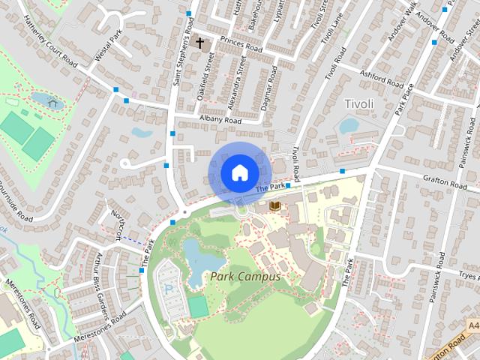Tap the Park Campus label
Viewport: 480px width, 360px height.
point(244,277)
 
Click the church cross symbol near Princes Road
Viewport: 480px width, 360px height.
point(199,43)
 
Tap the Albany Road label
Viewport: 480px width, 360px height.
point(220,120)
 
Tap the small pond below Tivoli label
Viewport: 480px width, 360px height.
point(349,126)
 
